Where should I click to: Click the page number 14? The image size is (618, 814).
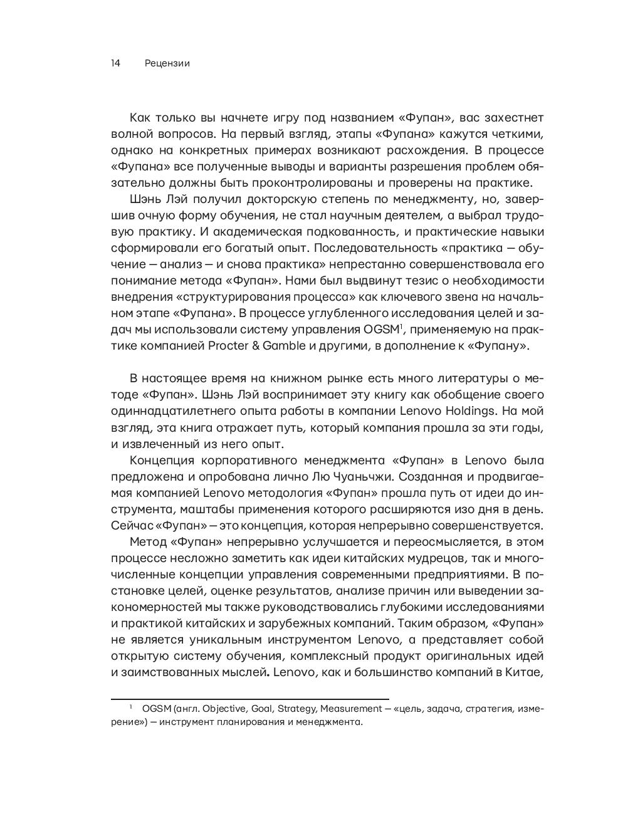(115, 63)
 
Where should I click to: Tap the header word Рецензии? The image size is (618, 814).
(167, 63)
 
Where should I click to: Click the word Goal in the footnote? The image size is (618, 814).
(263, 709)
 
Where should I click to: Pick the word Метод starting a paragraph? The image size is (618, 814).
(147, 541)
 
